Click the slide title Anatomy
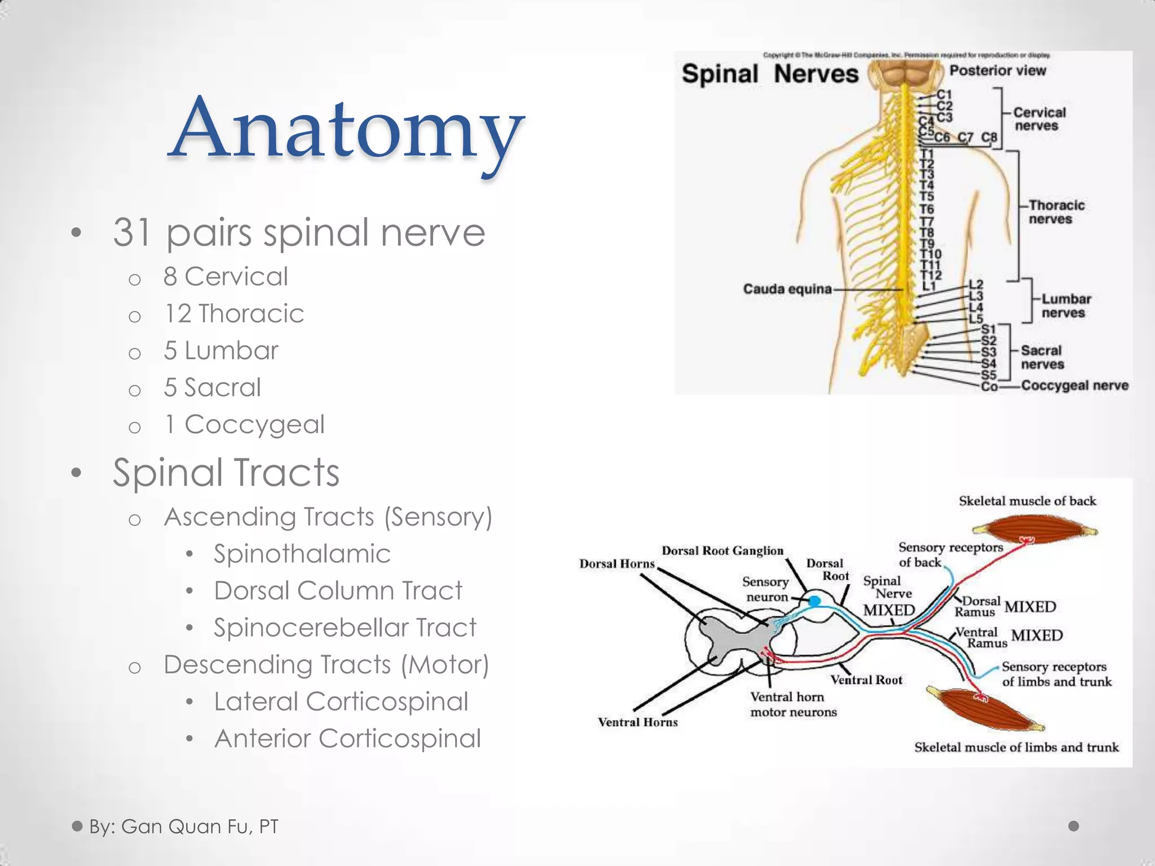(x=345, y=130)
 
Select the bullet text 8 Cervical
(x=226, y=277)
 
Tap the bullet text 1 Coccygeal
(x=244, y=425)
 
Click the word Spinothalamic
(x=302, y=554)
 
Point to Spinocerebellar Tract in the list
(x=345, y=628)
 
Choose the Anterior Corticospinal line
(x=347, y=739)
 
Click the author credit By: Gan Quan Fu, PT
(x=183, y=827)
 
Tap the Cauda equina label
(x=787, y=289)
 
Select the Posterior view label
(x=997, y=70)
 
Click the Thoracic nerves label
(x=1055, y=212)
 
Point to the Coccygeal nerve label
(x=1074, y=386)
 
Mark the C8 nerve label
(x=989, y=137)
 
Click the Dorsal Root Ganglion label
(x=722, y=551)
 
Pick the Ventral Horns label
(x=637, y=722)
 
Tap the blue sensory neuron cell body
(x=814, y=602)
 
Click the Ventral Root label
(x=866, y=681)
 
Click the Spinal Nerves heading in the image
(x=769, y=74)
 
